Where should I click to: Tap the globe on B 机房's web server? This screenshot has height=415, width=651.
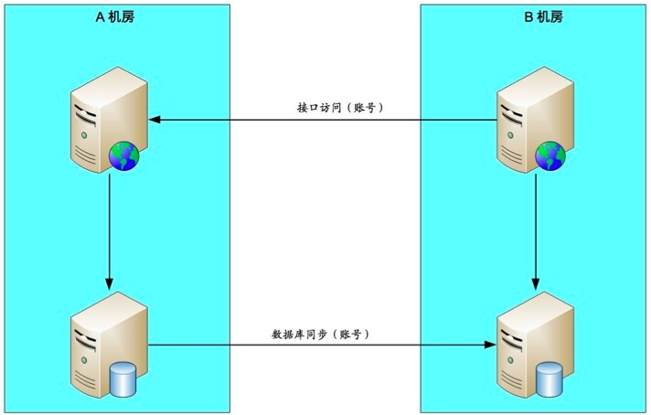(x=550, y=156)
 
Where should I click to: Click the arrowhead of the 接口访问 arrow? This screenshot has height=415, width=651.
(x=155, y=120)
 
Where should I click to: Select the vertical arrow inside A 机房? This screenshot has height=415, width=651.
(x=110, y=229)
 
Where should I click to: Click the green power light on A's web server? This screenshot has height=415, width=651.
(x=85, y=135)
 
